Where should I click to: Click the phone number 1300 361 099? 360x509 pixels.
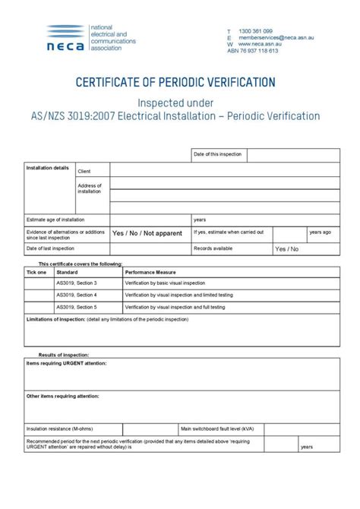point(255,31)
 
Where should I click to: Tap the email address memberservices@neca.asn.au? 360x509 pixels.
point(276,37)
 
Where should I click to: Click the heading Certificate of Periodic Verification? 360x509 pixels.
point(179,82)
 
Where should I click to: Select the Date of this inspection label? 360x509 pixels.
point(218,154)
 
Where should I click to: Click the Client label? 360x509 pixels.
point(84,172)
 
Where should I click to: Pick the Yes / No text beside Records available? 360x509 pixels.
point(287,248)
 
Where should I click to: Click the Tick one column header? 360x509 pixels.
point(36,271)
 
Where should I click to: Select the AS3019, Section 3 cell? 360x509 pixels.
point(77,283)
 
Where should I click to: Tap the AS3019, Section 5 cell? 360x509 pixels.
point(77,307)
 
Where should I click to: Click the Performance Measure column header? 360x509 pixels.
point(150,271)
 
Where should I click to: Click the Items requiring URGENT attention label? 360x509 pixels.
point(67,364)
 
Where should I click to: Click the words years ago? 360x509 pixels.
point(320,232)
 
